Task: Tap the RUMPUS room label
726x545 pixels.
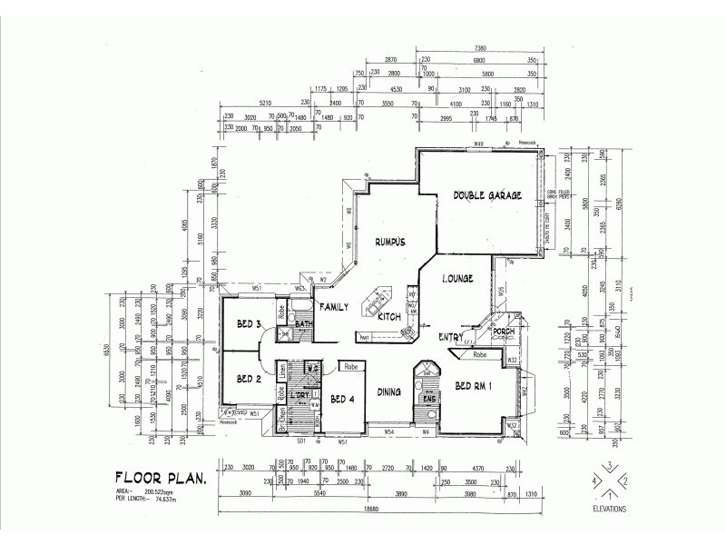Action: click(x=389, y=241)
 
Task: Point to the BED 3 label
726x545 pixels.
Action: click(x=250, y=324)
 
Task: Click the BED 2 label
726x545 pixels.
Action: click(x=249, y=379)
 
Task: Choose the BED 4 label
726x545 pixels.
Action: click(x=341, y=399)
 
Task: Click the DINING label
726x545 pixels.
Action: click(x=389, y=391)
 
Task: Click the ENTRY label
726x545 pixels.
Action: click(x=451, y=337)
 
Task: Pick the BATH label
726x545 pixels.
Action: click(x=303, y=324)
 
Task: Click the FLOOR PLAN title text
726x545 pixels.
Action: click(x=162, y=476)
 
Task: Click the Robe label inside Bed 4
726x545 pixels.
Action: click(x=352, y=367)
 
